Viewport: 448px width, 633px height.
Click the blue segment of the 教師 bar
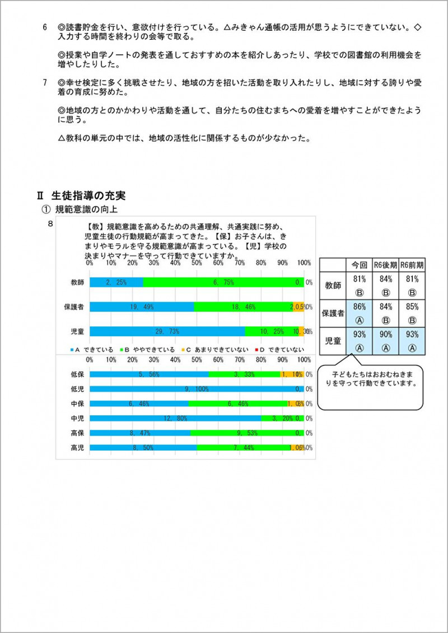116,283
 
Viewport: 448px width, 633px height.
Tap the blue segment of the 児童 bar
167,331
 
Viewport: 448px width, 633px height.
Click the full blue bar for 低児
196,389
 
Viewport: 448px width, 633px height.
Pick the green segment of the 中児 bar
282,418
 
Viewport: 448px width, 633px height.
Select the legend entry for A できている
92,349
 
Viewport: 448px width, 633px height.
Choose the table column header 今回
359,265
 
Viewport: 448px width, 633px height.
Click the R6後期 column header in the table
385,265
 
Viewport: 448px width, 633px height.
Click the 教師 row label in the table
333,285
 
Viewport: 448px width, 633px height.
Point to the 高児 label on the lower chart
77,448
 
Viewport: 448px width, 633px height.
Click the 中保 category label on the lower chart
77,404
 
